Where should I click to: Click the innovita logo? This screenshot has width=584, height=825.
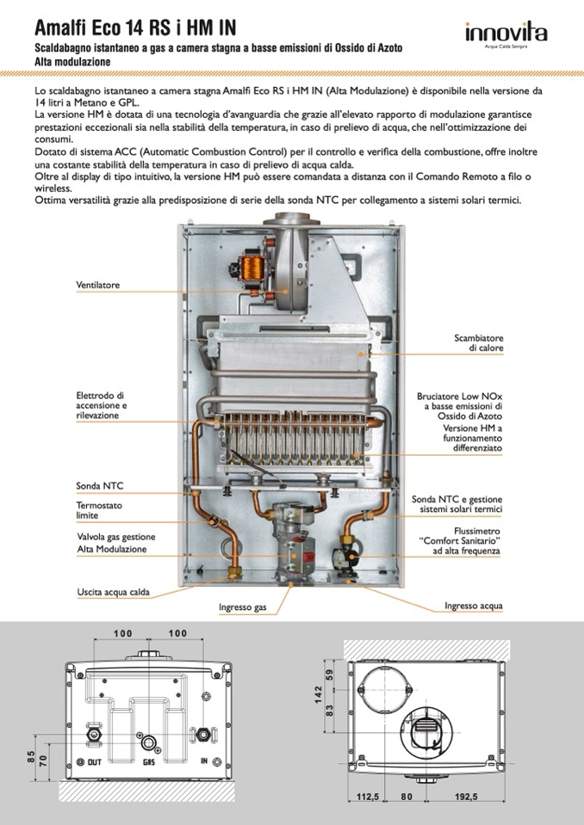tap(506, 34)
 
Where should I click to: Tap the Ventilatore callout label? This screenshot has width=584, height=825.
tap(98, 285)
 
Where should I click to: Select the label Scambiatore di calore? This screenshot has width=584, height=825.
tap(479, 342)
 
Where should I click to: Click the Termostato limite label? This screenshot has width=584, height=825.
tap(99, 510)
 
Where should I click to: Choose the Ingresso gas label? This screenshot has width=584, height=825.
tap(242, 607)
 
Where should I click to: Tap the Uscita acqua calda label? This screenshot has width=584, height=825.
tap(113, 593)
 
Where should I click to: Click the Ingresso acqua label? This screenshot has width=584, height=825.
tap(474, 606)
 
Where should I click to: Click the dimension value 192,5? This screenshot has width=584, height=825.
tap(466, 797)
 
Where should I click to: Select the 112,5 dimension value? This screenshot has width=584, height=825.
tap(368, 797)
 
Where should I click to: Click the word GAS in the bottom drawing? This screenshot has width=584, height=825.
tap(149, 762)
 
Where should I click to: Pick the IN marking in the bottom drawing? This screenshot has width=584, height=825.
tap(204, 761)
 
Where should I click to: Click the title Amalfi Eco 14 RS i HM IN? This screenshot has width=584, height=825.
tap(135, 27)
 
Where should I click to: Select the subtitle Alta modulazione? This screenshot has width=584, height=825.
tap(72, 62)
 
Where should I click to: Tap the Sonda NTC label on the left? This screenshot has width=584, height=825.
tap(100, 486)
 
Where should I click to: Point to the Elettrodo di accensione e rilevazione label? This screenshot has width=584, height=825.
tap(101, 405)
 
